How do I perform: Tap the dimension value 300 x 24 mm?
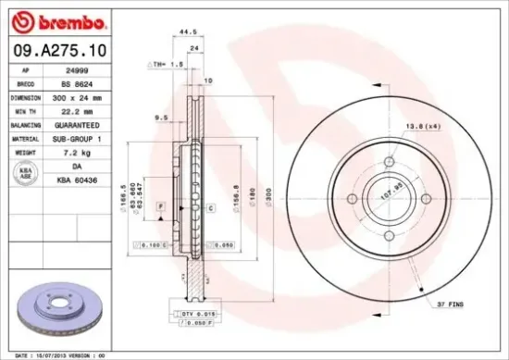click(75, 95)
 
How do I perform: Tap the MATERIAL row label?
click(23, 136)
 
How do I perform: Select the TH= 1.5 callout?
click(168, 65)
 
